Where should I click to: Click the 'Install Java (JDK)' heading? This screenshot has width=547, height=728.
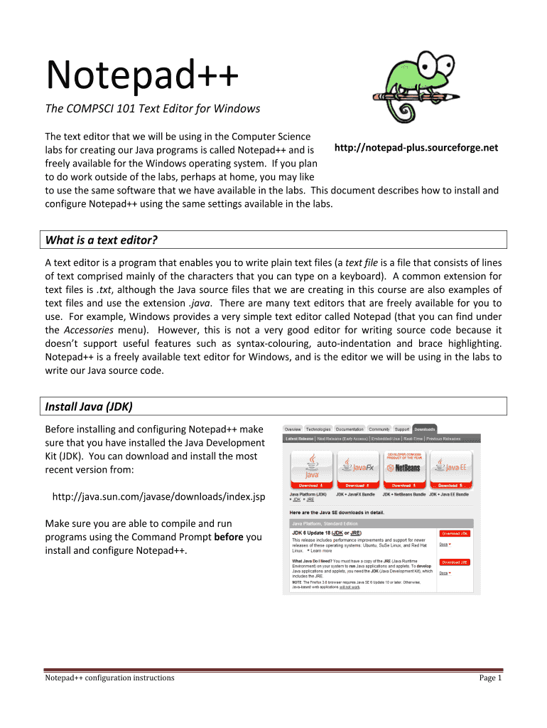[x=89, y=407]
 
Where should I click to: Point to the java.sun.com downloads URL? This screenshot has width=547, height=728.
[x=159, y=497]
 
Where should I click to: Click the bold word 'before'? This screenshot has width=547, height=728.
[x=229, y=537]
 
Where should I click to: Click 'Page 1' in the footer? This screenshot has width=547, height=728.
[x=490, y=678]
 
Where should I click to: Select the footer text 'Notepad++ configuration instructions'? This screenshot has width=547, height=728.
[x=109, y=678]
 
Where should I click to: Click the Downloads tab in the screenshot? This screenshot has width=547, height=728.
[x=425, y=429]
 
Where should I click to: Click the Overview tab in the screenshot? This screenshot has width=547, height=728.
[x=293, y=429]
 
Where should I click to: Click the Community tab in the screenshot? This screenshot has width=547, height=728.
[x=379, y=429]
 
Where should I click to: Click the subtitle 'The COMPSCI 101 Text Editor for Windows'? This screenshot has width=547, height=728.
[x=152, y=109]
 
